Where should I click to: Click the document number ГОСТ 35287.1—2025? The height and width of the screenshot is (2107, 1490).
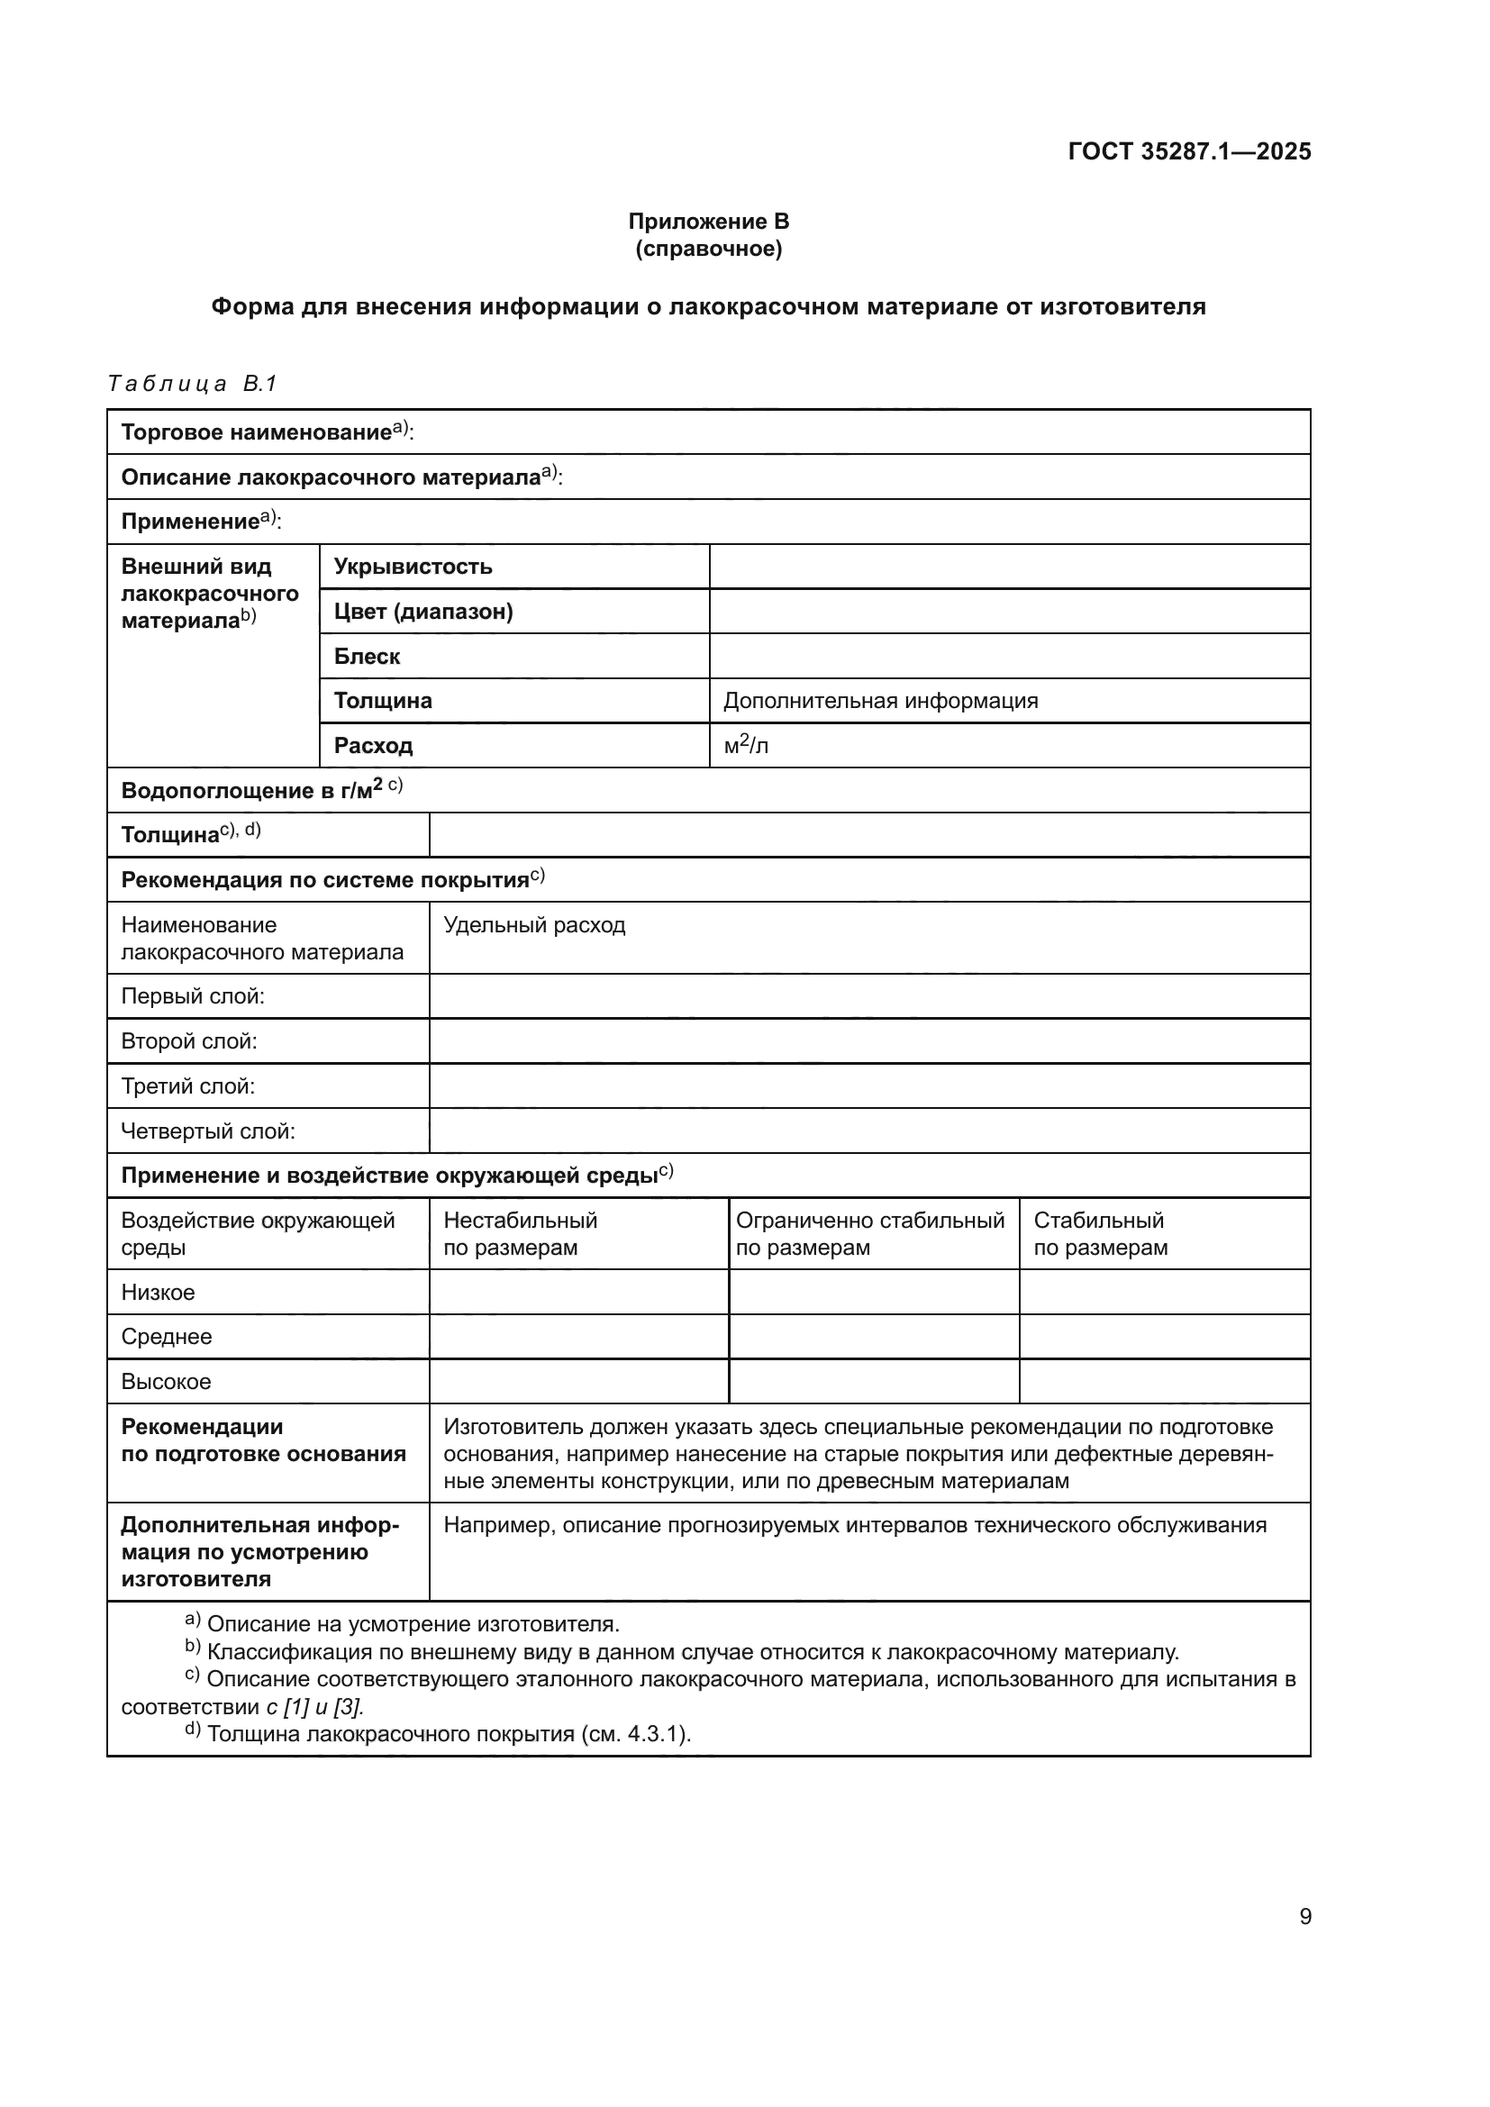point(1189,151)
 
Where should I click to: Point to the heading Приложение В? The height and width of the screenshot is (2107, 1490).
point(708,222)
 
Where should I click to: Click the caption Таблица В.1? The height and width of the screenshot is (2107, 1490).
point(192,384)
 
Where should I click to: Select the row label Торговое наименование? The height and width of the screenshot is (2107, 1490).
point(257,432)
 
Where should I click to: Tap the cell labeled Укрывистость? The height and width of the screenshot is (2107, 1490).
point(413,567)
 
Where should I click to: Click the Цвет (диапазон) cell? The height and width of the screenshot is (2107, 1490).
point(423,611)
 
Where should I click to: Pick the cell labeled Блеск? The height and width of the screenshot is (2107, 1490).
point(367,656)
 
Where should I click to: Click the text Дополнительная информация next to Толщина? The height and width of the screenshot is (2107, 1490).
point(881,701)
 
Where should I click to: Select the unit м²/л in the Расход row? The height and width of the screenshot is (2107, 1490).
point(746,746)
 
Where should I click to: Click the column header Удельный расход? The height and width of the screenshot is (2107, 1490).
point(534,925)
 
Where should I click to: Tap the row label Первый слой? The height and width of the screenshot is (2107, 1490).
point(193,996)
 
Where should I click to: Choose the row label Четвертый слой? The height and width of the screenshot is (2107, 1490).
point(208,1131)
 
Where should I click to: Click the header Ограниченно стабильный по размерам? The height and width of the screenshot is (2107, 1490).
point(870,1233)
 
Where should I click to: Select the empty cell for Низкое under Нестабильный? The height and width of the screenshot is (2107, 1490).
point(578,1292)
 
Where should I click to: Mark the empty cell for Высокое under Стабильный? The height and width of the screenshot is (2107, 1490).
point(1164,1381)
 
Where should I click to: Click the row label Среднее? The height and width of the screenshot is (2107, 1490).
point(166,1337)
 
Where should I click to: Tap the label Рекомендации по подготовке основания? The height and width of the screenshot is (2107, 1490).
point(263,1439)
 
